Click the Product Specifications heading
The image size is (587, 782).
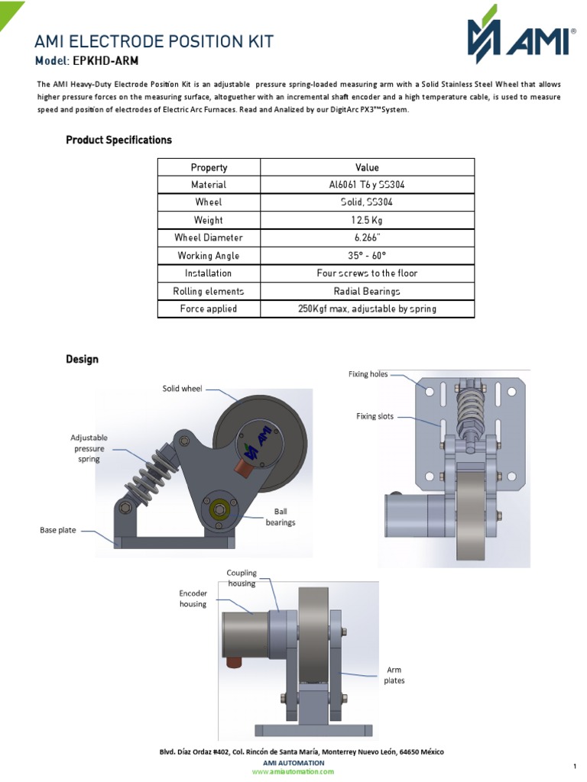pos(118,140)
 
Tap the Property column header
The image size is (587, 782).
pos(209,167)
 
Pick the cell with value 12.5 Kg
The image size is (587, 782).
pos(367,220)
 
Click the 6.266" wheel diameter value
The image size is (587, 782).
pos(367,238)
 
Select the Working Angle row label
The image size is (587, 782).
pos(209,256)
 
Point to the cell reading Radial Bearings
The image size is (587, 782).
pos(367,291)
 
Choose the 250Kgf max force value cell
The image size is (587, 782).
pos(367,309)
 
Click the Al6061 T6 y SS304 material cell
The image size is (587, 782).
pos(367,185)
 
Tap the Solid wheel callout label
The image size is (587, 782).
pos(182,389)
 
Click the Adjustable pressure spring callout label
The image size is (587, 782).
pos(89,448)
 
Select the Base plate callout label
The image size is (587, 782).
pos(58,530)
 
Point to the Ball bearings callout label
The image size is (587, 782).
pos(280,517)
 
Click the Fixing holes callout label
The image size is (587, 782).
pos(368,374)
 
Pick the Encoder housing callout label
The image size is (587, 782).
pos(193,598)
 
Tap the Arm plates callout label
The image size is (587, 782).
pos(394,675)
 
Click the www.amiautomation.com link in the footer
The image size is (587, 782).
pos(293,771)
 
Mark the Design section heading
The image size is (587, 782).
pos(82,359)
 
